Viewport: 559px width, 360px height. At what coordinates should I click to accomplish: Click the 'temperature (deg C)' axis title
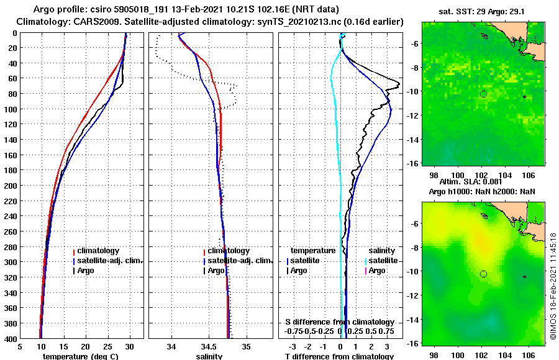(81, 356)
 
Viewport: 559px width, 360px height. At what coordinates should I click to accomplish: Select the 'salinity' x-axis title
(209, 356)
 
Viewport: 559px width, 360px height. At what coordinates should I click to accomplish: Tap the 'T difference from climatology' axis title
(339, 356)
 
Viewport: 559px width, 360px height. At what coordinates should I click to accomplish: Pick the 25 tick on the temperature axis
(107, 346)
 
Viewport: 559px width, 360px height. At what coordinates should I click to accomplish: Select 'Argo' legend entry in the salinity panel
(216, 271)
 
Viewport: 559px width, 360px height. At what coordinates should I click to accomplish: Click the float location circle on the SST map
(483, 94)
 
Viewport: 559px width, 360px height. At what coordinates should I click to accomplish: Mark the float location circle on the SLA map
(483, 274)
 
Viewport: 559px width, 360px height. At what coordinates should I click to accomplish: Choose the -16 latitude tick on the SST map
(412, 163)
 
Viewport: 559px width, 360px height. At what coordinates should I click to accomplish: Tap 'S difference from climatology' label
(339, 322)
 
